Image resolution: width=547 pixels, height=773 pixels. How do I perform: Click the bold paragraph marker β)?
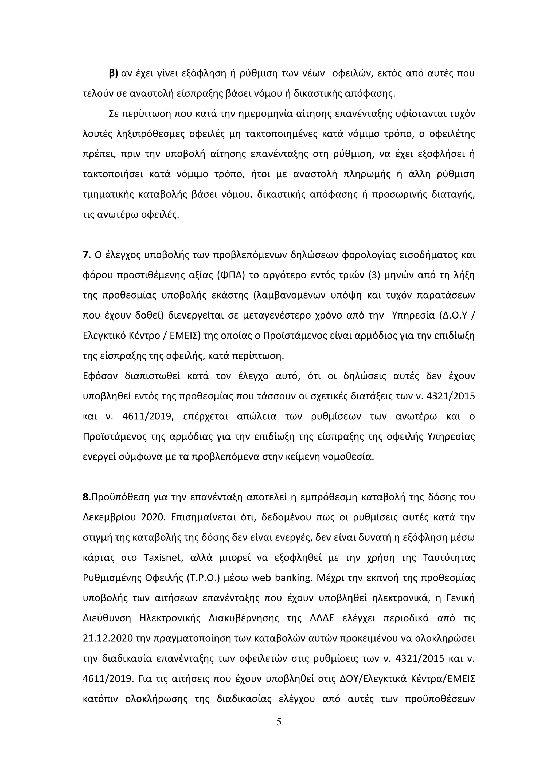pyautogui.click(x=114, y=74)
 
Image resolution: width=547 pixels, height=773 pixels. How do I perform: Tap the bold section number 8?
pyautogui.click(x=87, y=497)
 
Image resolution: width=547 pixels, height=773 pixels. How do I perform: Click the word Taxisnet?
pyautogui.click(x=163, y=558)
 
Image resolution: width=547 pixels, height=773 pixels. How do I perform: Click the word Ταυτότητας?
pyautogui.click(x=448, y=558)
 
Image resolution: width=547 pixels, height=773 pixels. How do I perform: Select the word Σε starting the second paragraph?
pyautogui.click(x=114, y=114)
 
